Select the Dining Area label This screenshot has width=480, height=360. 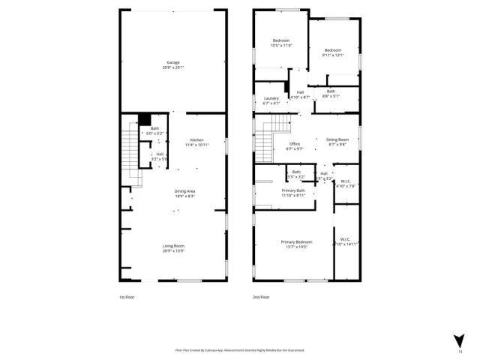click(x=184, y=193)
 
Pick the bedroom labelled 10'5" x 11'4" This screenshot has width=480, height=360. click(x=280, y=43)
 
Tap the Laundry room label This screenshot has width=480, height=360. click(x=271, y=100)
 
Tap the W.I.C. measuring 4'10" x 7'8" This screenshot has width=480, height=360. click(x=345, y=183)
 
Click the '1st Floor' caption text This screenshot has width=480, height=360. click(x=127, y=298)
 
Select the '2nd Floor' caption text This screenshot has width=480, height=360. click(x=260, y=298)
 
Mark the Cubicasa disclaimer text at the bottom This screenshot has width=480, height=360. click(x=244, y=350)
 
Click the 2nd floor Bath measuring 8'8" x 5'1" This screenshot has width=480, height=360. click(x=331, y=94)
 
